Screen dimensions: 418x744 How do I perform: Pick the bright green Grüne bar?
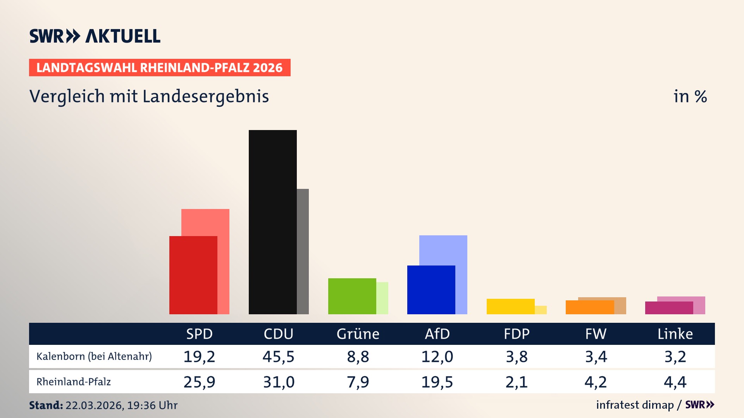[352, 296]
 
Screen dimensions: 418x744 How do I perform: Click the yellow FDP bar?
[510, 306]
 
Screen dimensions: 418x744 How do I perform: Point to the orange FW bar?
[589, 307]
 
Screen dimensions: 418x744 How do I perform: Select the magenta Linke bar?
[669, 308]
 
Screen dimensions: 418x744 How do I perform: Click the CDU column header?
[278, 334]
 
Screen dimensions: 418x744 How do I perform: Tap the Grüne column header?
[358, 334]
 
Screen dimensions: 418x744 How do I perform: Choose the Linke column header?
[675, 334]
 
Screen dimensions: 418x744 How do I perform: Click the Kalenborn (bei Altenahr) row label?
[94, 356]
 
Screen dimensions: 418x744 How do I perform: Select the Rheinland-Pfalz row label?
[74, 382]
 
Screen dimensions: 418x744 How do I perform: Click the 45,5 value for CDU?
[278, 356]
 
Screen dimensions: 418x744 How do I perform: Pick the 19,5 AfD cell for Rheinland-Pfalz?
[437, 382]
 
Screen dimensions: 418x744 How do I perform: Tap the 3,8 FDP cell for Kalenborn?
[517, 356]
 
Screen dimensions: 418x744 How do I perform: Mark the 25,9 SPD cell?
[199, 382]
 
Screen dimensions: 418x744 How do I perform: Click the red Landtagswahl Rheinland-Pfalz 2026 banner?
[160, 67]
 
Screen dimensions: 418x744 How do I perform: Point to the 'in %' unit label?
[690, 96]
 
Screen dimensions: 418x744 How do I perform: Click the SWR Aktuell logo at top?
[95, 36]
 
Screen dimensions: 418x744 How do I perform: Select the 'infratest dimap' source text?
[635, 405]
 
